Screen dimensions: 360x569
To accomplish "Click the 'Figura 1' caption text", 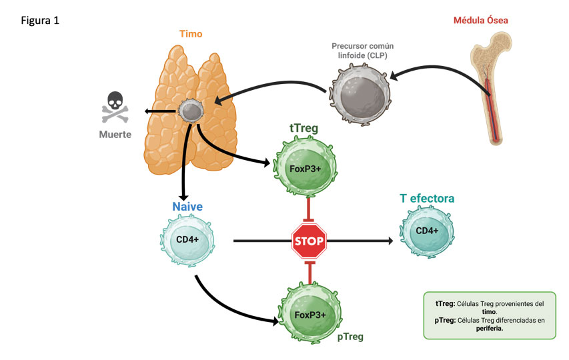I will click(41, 21).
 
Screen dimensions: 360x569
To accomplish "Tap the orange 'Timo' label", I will click(191, 33).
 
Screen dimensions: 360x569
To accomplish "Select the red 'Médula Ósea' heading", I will click(480, 20).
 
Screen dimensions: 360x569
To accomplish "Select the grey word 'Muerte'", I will click(115, 134).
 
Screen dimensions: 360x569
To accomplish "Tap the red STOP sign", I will click(309, 241).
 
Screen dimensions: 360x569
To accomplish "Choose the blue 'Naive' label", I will click(187, 207).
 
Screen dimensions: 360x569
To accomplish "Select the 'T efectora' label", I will click(427, 199).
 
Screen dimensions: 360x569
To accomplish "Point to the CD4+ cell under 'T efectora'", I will click(427, 232).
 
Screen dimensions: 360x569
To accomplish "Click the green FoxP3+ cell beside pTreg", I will click(309, 314).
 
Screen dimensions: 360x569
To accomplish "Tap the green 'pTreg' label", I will click(350, 337).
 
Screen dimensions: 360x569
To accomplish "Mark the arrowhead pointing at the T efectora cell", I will click(390, 241).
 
